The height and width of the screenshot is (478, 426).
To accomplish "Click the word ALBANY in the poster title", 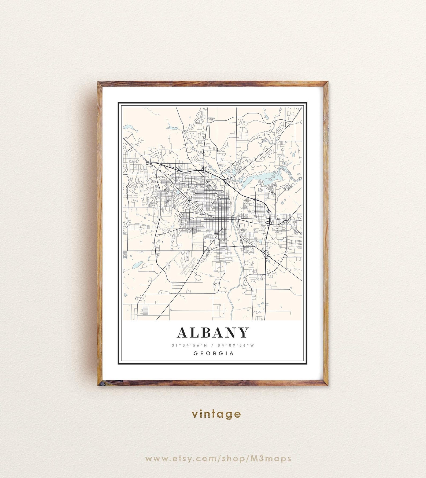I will (213, 333).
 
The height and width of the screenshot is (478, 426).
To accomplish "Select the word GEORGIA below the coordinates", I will (214, 353).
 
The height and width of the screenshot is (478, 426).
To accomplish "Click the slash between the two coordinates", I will (212, 345).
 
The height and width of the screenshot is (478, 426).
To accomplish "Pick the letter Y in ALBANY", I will (243, 333).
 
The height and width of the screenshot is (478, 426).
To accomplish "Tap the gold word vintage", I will (216, 414).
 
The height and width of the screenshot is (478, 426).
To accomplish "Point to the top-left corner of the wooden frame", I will (98, 82).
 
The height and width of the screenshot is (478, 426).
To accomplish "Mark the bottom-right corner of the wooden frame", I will (327, 385).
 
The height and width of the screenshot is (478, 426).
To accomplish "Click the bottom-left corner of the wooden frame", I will (98, 385).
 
